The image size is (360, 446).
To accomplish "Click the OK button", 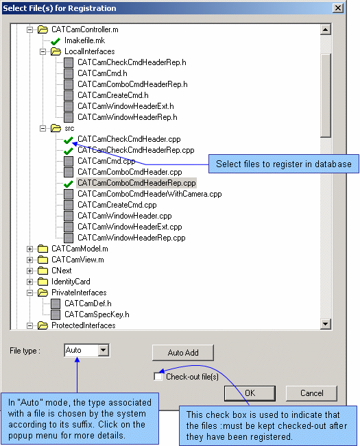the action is pos(250,393).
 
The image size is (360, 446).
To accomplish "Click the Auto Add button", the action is pos(183,353).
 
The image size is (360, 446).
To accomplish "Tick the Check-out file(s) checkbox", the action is pos(158,377).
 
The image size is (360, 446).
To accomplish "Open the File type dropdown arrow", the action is pos(104,350).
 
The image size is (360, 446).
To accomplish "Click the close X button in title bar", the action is pos(338,8).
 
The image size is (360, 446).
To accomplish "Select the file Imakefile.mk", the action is pos(84,40).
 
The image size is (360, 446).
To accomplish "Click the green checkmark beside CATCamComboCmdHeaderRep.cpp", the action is pos(69,184).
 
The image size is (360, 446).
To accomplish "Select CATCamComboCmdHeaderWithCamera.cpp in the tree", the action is pos(149,194).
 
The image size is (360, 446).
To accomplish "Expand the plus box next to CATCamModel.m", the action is pos(29,249).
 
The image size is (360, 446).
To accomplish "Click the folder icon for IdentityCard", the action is pos(43,282).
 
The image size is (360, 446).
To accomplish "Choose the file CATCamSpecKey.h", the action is pos(97,314).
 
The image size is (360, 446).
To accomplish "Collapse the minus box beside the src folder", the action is pos(43,128).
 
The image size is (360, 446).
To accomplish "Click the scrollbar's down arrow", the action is pos(325,323).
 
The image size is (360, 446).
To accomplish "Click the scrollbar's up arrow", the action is pos(325,29).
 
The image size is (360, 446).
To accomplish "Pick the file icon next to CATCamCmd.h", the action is pos(69,73).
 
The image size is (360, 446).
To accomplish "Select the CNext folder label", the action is pos(62,271).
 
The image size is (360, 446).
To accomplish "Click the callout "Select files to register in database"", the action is pos(284,164).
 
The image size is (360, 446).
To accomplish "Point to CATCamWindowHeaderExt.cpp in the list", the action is pos(130,227).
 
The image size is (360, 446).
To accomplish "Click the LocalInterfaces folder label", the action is pos(90,51).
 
